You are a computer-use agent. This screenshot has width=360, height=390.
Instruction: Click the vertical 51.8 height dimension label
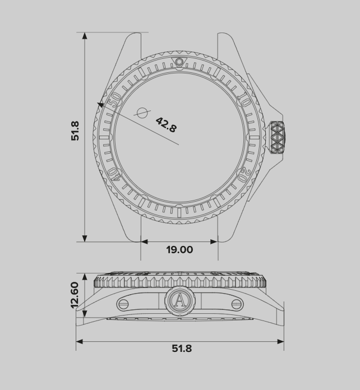click(75, 131)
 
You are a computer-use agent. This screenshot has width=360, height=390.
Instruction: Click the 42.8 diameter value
click(167, 125)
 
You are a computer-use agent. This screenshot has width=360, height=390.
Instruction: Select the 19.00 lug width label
click(179, 250)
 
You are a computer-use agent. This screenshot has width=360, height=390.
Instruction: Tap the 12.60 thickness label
click(75, 295)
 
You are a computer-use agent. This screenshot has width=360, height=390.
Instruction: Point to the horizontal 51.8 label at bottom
click(182, 349)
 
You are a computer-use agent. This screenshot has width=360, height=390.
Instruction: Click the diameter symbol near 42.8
click(142, 113)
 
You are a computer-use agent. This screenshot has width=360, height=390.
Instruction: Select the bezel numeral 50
click(115, 100)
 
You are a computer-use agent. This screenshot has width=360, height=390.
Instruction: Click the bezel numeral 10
click(243, 100)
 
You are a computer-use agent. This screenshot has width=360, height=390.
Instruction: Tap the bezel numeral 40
click(115, 175)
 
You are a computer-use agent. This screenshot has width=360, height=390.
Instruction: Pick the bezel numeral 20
click(243, 175)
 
